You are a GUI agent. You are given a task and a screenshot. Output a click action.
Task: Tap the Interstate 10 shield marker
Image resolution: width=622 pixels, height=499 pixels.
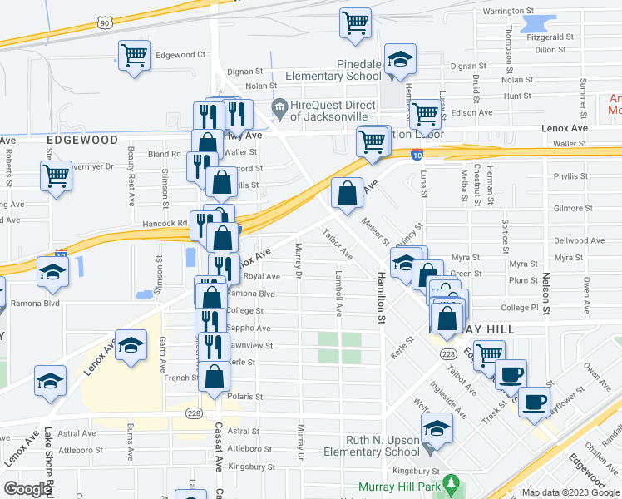[417, 155]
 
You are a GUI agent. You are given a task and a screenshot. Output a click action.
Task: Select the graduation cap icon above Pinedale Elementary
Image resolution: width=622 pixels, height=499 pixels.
[401, 59]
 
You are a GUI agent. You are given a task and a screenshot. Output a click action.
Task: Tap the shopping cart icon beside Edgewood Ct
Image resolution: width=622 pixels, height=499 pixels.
[134, 57]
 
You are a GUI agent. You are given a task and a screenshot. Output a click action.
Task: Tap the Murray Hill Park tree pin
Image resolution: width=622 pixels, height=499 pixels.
[452, 482]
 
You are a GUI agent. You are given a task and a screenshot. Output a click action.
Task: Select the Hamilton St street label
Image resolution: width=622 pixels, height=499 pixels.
[381, 297]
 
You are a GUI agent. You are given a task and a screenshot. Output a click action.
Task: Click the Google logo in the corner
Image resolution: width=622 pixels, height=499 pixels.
[28, 489]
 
